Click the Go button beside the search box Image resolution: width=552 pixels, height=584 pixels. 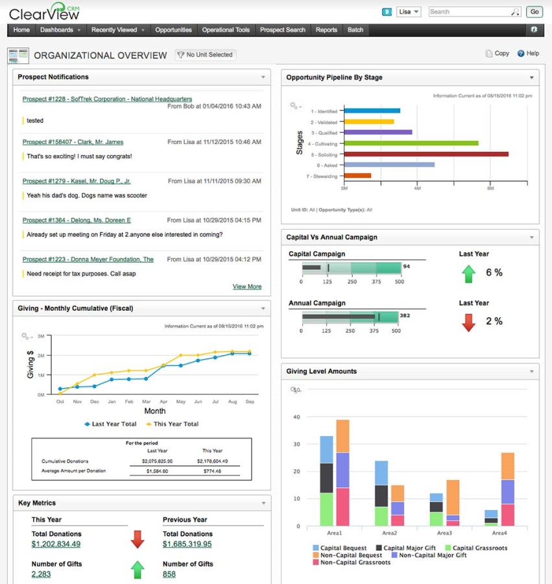[534, 12]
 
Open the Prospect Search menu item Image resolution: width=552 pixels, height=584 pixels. [282, 30]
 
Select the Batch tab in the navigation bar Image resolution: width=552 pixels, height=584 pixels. [355, 30]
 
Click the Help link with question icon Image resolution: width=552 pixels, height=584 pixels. [528, 54]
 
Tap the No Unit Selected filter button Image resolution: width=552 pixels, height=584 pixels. [205, 55]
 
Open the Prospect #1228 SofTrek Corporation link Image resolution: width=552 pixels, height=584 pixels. [107, 99]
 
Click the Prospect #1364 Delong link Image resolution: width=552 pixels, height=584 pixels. [77, 220]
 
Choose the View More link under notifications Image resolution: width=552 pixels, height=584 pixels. [247, 286]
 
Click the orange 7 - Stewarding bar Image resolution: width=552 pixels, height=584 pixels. [357, 175]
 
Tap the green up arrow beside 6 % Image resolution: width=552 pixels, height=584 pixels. [468, 273]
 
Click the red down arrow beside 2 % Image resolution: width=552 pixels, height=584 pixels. [468, 322]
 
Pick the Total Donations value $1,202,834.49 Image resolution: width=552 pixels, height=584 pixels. [56, 544]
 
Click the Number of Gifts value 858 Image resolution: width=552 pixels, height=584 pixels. [169, 574]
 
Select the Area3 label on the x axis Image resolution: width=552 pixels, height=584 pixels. [444, 533]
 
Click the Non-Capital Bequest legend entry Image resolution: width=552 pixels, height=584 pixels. [346, 555]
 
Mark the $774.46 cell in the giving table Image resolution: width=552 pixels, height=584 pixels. [212, 470]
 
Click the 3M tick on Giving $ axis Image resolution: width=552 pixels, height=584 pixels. [40, 336]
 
